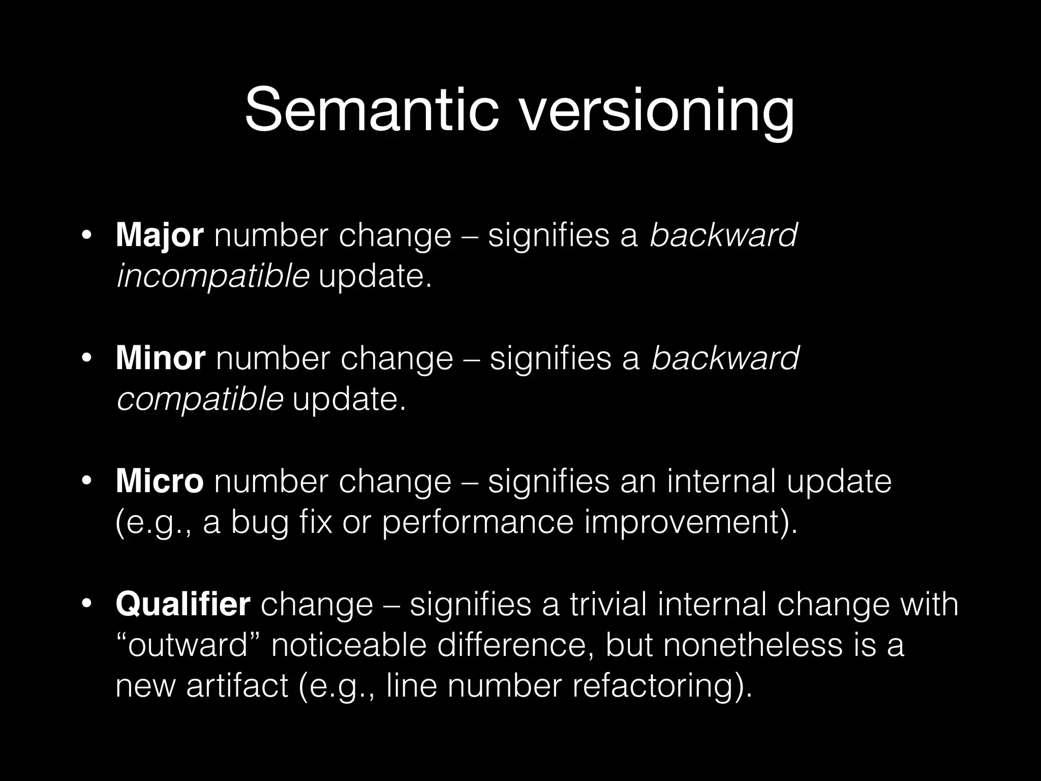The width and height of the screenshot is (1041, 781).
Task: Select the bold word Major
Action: [160, 236]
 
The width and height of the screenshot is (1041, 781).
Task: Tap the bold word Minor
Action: [161, 358]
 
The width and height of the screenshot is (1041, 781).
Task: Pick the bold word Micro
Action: [160, 481]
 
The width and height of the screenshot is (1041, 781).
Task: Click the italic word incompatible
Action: [213, 277]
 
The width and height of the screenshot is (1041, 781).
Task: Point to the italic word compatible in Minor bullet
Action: [200, 400]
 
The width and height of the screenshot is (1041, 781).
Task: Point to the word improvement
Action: [685, 523]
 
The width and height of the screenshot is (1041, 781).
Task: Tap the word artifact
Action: [237, 686]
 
